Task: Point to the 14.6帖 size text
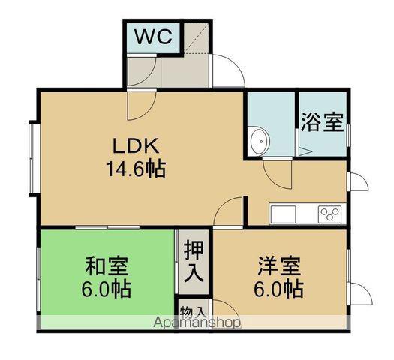tap(135, 168)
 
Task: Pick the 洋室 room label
tap(278, 267)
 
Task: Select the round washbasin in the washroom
tap(260, 140)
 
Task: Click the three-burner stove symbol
tap(329, 213)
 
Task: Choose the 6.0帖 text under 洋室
tap(278, 289)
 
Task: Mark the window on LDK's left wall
tap(33, 158)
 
